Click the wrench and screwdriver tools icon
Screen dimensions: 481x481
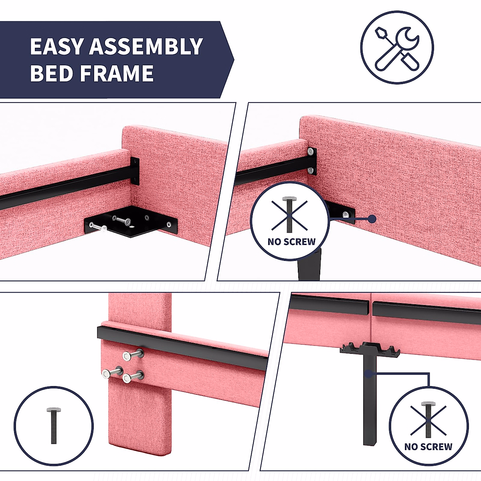coord(397,47)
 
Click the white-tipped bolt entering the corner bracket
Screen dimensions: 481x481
coord(99,227)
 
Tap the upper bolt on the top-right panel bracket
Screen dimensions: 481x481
coord(311,152)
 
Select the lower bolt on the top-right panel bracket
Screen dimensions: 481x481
coord(311,170)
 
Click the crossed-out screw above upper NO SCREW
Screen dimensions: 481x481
coord(289,215)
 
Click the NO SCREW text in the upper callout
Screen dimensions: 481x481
coord(291,242)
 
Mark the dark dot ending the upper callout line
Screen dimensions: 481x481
coord(372,219)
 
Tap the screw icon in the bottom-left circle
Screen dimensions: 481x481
coord(54,425)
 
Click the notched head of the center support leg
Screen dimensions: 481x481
coord(370,349)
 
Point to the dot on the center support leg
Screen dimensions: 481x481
coord(368,374)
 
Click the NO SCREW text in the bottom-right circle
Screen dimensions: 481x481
coord(428,447)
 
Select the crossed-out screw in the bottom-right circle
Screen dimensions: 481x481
coord(428,420)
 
